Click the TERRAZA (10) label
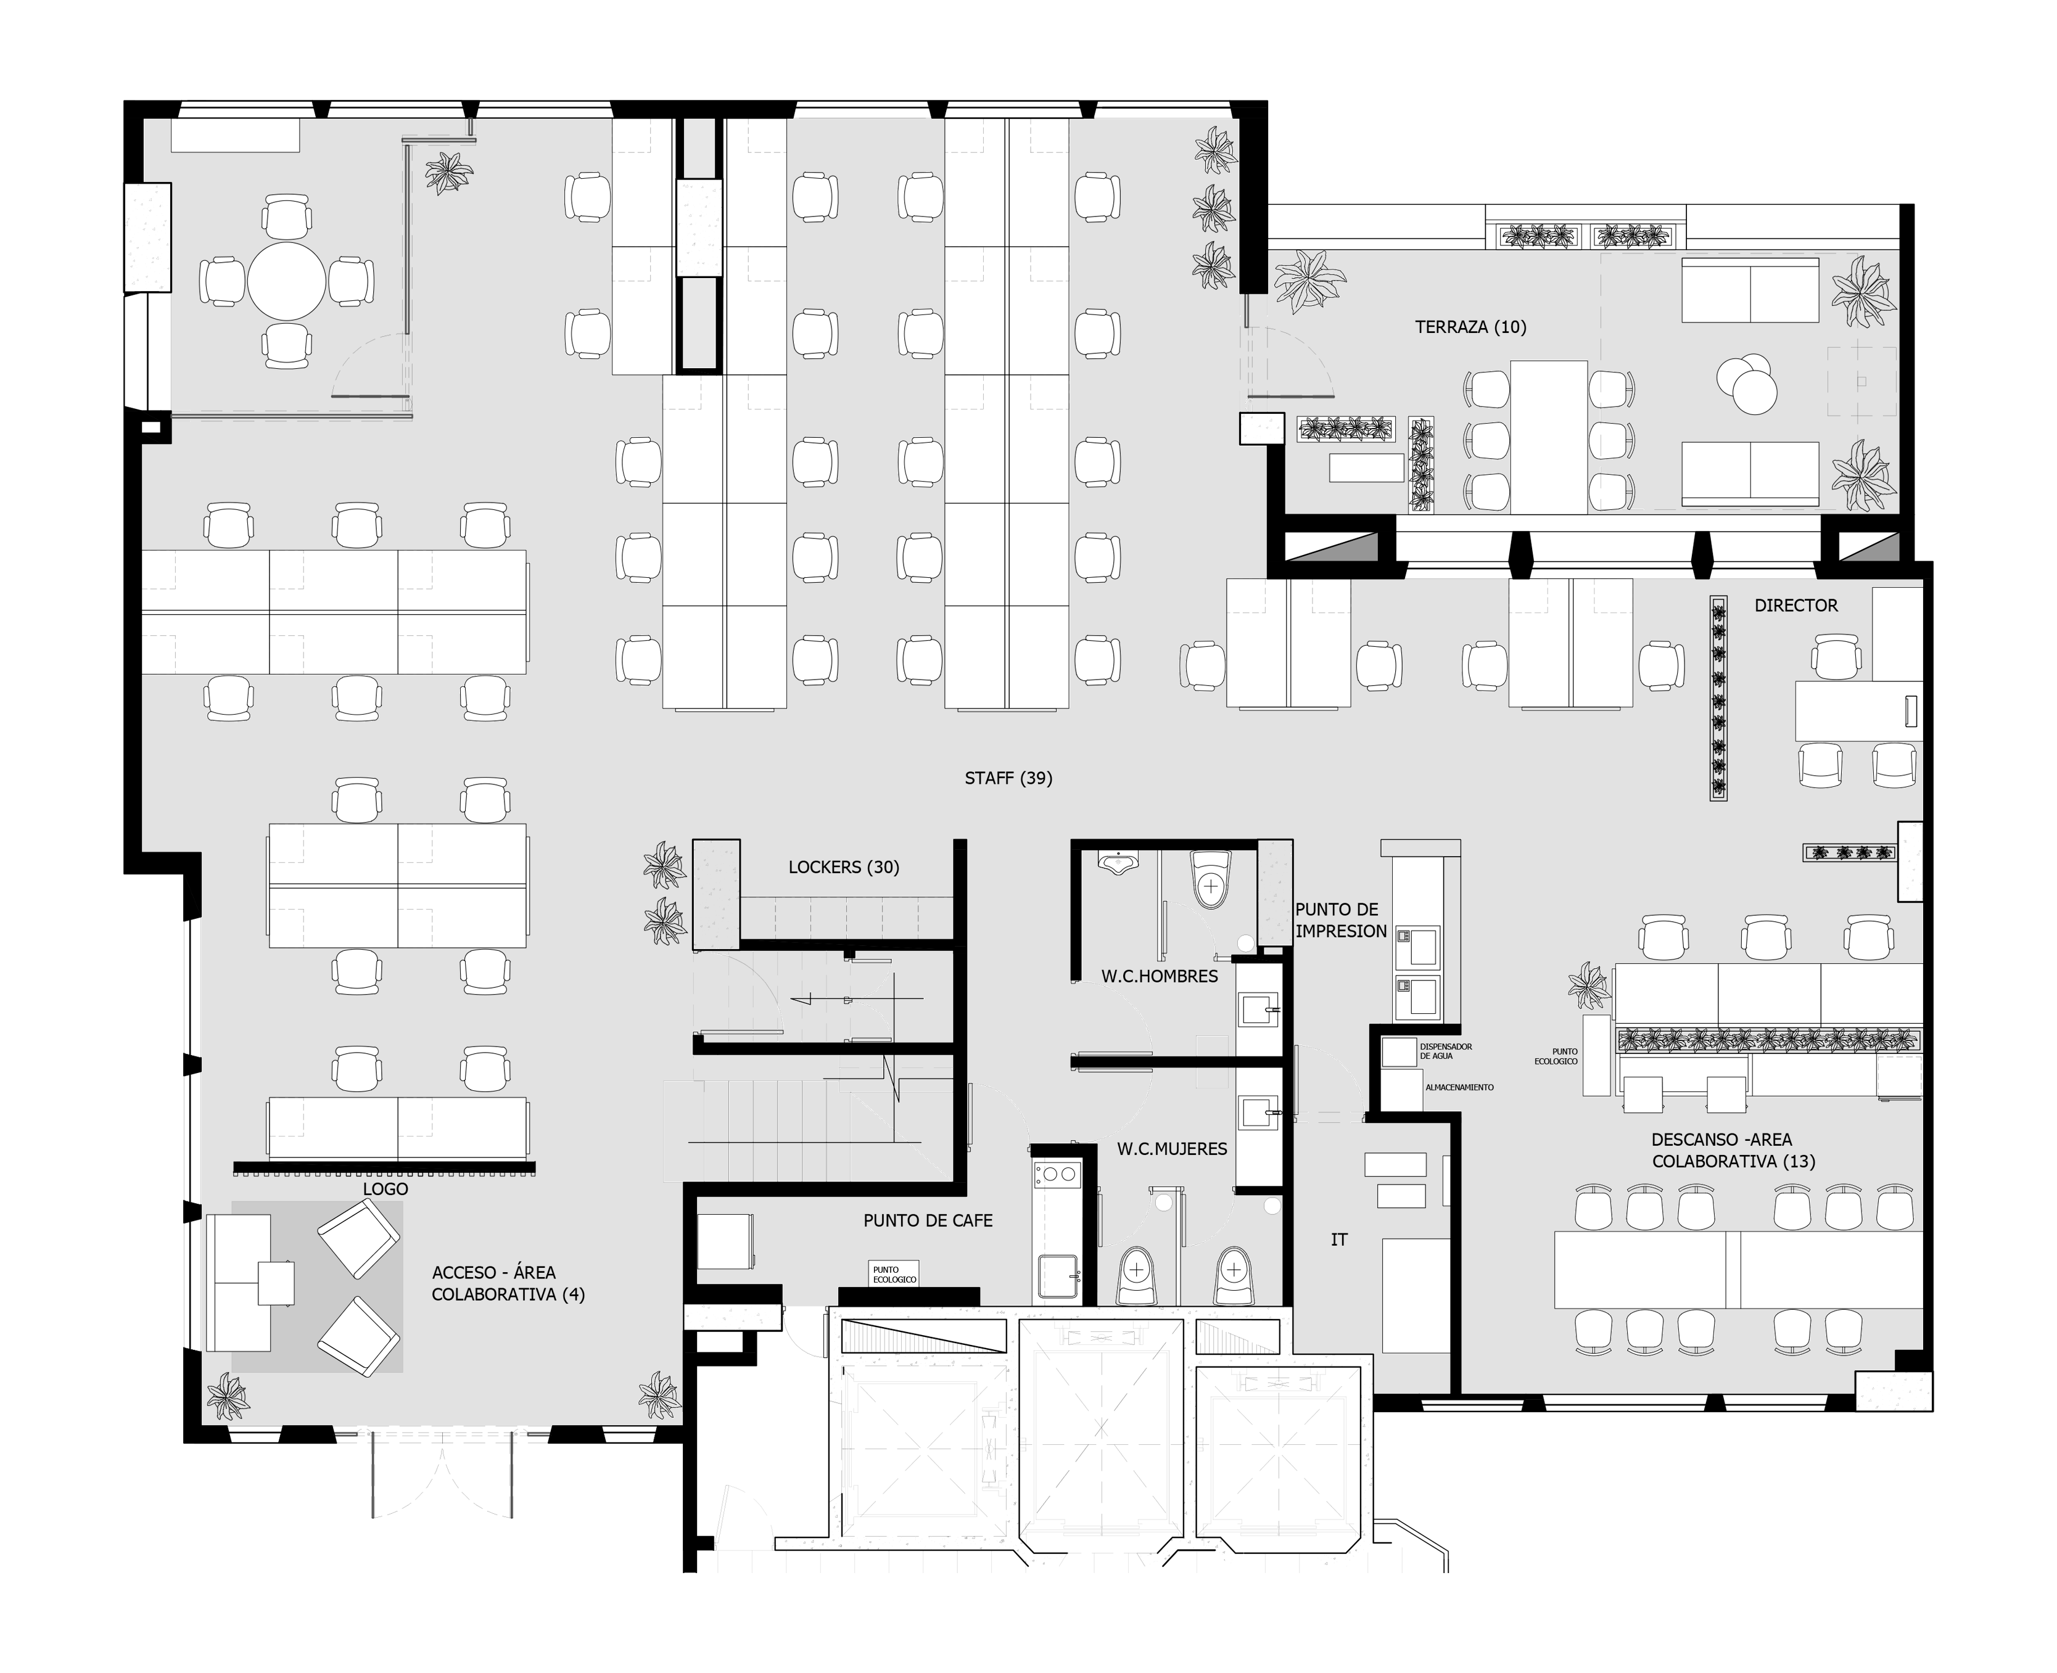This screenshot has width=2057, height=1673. [1470, 327]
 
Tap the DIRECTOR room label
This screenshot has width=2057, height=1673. [1795, 605]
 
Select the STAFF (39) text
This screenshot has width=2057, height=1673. [1008, 778]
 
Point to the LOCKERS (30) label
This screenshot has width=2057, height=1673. [843, 866]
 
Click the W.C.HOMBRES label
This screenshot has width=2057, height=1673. [1160, 976]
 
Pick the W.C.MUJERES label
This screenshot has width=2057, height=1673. [1172, 1149]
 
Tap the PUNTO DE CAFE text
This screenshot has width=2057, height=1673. [927, 1220]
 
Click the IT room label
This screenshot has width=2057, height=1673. [1339, 1239]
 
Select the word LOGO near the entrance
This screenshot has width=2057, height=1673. [385, 1188]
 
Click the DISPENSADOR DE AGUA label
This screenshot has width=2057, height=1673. [1445, 1051]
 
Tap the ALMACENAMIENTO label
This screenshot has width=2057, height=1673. [1459, 1087]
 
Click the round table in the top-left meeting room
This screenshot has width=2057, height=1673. [286, 281]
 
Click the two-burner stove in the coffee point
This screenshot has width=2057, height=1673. [1057, 1174]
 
